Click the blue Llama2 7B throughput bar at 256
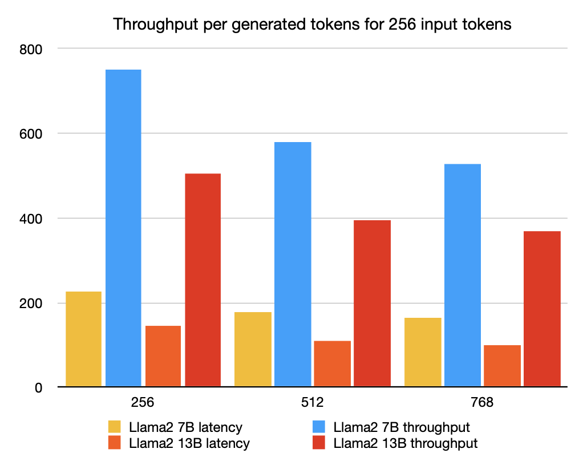tap(123, 228)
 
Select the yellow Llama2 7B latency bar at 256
tap(83, 339)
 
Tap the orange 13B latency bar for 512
tap(332, 363)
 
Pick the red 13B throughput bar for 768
tap(542, 309)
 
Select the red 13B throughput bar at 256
tap(203, 280)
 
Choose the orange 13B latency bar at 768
tap(502, 366)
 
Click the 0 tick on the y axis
tap(38, 388)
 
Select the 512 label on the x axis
tap(313, 403)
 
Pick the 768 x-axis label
tap(482, 403)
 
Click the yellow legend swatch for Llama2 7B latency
tap(115, 427)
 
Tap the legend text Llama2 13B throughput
tap(405, 443)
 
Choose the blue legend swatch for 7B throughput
tap(319, 427)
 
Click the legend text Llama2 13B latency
tap(189, 443)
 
